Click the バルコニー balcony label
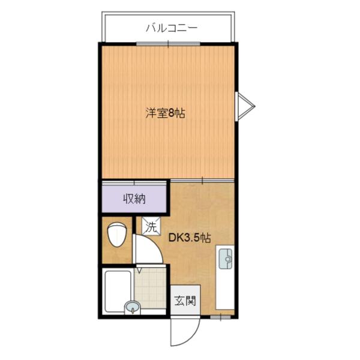tap(172, 28)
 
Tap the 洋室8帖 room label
tap(166, 113)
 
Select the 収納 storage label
tap(134, 199)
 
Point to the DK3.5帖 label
tap(190, 238)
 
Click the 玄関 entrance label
tap(185, 301)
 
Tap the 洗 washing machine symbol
tap(151, 226)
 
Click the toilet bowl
tap(116, 235)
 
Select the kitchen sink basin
tap(226, 259)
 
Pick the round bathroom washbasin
tap(133, 307)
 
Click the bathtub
tap(118, 291)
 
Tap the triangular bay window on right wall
tap(245, 106)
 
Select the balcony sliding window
tap(168, 44)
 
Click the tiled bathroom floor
tap(150, 288)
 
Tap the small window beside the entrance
tap(221, 317)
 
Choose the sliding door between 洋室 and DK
tap(202, 181)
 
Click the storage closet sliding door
tap(134, 183)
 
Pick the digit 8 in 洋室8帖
tap(172, 113)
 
